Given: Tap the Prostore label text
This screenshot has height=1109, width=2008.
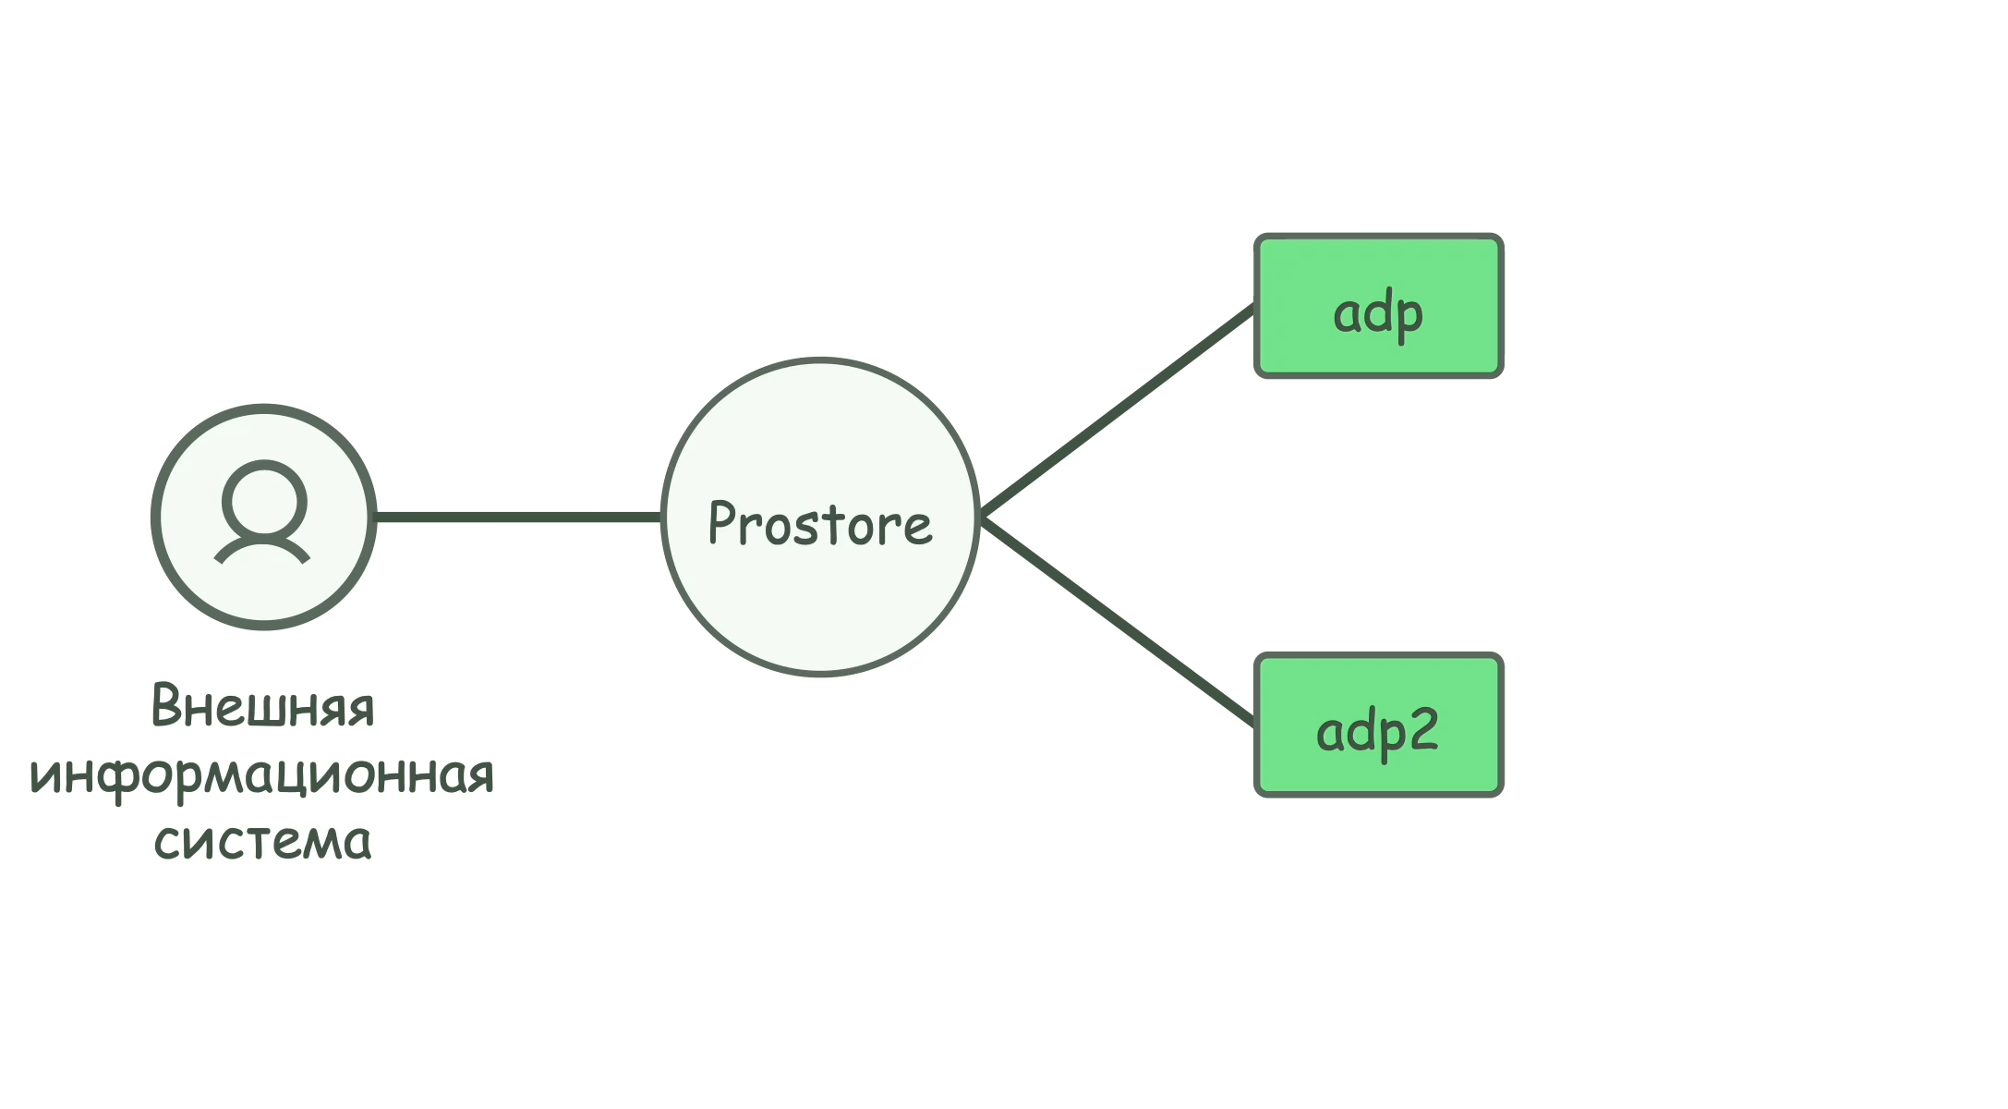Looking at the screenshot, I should click(x=820, y=524).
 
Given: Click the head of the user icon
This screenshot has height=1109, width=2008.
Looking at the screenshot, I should click(x=264, y=501).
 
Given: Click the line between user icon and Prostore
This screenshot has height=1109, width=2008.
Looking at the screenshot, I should click(x=517, y=517).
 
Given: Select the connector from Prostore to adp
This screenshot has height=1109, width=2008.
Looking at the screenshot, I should click(x=1118, y=410).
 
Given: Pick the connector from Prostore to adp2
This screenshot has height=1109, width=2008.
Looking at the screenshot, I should click(x=1118, y=621).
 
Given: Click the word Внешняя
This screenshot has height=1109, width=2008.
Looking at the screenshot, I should click(x=263, y=707).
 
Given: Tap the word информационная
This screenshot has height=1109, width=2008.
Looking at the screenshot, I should click(x=263, y=774).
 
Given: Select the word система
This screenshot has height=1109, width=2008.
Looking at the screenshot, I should click(x=263, y=841).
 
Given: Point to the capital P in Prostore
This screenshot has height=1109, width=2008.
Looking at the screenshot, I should click(x=720, y=522).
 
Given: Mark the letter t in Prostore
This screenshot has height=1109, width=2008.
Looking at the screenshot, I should click(x=833, y=524).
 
